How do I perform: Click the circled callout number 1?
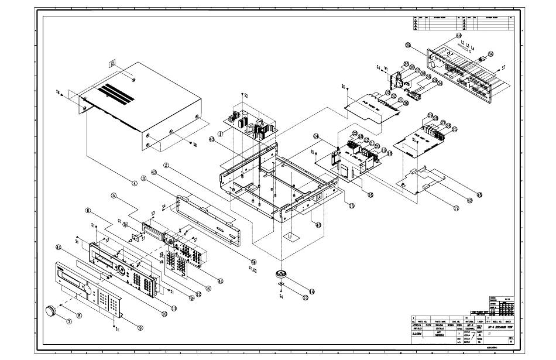coord(219,133)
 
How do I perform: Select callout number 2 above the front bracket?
coord(166,166)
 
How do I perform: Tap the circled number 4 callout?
coord(135,184)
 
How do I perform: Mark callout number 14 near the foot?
coord(312,291)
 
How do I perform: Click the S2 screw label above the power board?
coord(245,95)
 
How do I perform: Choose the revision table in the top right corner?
coord(463,23)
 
